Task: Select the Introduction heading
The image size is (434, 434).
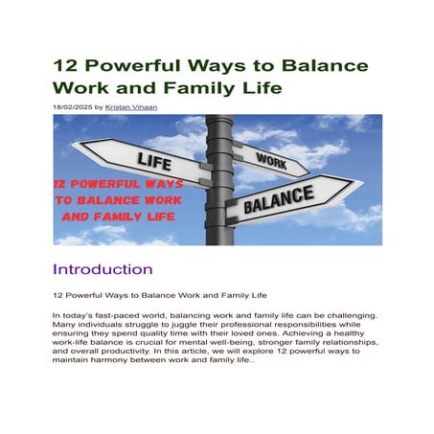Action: click(x=103, y=268)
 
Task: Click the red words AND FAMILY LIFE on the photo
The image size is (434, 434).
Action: click(x=118, y=217)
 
